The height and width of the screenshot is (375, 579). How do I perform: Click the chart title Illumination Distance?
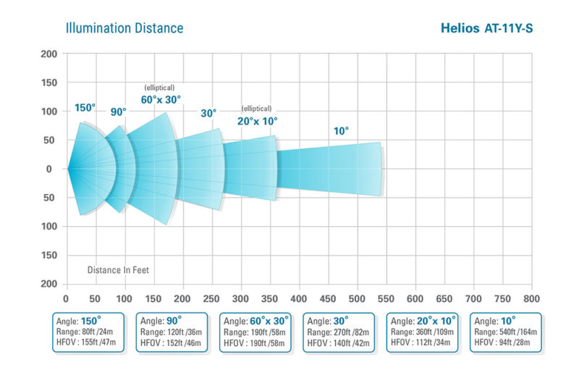click(x=124, y=29)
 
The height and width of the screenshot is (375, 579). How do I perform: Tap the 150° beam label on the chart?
click(x=85, y=108)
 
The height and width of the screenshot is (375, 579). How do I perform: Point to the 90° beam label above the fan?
click(x=118, y=112)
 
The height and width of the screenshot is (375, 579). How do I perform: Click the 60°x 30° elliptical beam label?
click(x=161, y=99)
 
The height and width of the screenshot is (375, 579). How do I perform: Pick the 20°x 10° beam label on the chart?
click(x=257, y=121)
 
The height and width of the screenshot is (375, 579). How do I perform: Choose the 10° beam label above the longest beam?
click(x=341, y=131)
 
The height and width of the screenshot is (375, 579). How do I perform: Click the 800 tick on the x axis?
click(x=531, y=298)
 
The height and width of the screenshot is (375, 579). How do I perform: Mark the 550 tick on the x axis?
click(x=386, y=298)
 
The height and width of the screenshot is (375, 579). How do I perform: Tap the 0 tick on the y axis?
click(x=49, y=169)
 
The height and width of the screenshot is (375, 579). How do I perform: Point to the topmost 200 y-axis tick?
click(x=49, y=54)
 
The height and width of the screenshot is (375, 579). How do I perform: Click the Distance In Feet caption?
click(x=118, y=270)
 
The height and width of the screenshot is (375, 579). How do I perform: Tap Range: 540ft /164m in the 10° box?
click(x=507, y=332)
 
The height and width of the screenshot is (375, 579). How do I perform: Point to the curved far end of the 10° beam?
click(x=381, y=169)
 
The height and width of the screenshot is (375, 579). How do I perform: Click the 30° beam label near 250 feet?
click(x=208, y=113)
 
